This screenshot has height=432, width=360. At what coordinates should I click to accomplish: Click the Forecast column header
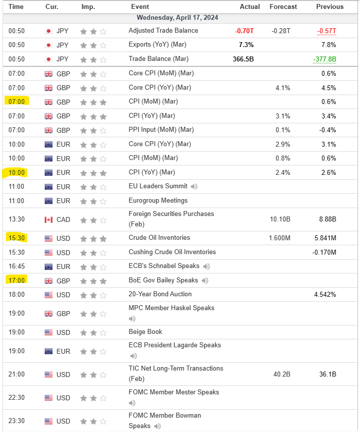click(x=283, y=6)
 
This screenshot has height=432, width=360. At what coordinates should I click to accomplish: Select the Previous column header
click(x=330, y=6)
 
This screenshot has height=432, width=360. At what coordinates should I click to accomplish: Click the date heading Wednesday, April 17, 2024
click(x=177, y=17)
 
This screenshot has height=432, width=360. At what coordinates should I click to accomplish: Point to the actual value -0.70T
click(x=244, y=31)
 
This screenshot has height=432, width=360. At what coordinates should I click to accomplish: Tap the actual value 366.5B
click(x=242, y=59)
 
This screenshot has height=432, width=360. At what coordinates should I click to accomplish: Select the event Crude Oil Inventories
click(x=159, y=238)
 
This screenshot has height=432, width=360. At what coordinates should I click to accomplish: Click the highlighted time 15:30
click(x=16, y=238)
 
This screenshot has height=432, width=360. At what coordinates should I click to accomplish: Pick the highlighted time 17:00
click(x=16, y=280)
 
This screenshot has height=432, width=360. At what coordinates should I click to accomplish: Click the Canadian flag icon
click(x=49, y=219)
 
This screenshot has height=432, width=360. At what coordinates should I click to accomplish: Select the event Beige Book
click(x=145, y=332)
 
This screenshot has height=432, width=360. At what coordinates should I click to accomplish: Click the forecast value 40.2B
click(x=281, y=375)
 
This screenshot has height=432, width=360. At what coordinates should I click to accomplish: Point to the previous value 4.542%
click(x=325, y=294)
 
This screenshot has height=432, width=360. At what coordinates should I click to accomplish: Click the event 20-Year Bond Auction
click(x=160, y=294)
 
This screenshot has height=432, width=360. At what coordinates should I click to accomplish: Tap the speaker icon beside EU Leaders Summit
click(x=194, y=187)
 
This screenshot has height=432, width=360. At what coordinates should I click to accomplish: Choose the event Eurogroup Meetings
click(x=158, y=201)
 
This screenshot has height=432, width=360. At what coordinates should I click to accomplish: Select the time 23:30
click(x=16, y=422)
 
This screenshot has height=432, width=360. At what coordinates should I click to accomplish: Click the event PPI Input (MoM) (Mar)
click(x=161, y=130)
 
